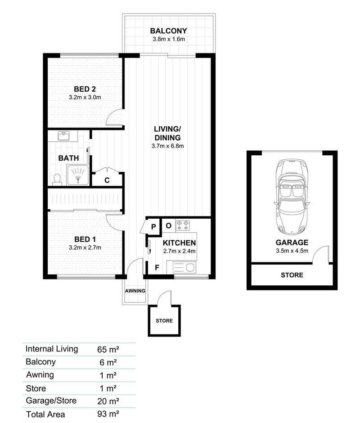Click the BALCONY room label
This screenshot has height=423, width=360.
pos(168,31)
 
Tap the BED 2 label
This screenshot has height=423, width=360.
pos(85,89)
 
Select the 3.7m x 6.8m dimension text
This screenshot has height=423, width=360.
pos(167,146)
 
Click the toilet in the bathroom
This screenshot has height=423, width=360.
pos(57,179)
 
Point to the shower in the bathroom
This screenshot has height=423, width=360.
pos(78,175)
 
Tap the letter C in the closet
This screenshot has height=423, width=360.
pos(107,180)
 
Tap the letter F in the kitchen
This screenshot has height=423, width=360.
pos(157,267)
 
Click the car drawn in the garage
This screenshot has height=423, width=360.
pos(292,196)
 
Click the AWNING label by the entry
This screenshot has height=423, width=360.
pos(135,291)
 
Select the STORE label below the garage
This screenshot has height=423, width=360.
pos(292,275)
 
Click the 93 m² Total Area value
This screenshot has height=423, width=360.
pos(108,414)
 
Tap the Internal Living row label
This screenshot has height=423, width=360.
pos(52,349)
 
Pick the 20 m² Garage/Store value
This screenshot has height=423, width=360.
pos(108,401)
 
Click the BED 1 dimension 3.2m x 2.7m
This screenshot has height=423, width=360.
pos(85,247)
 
